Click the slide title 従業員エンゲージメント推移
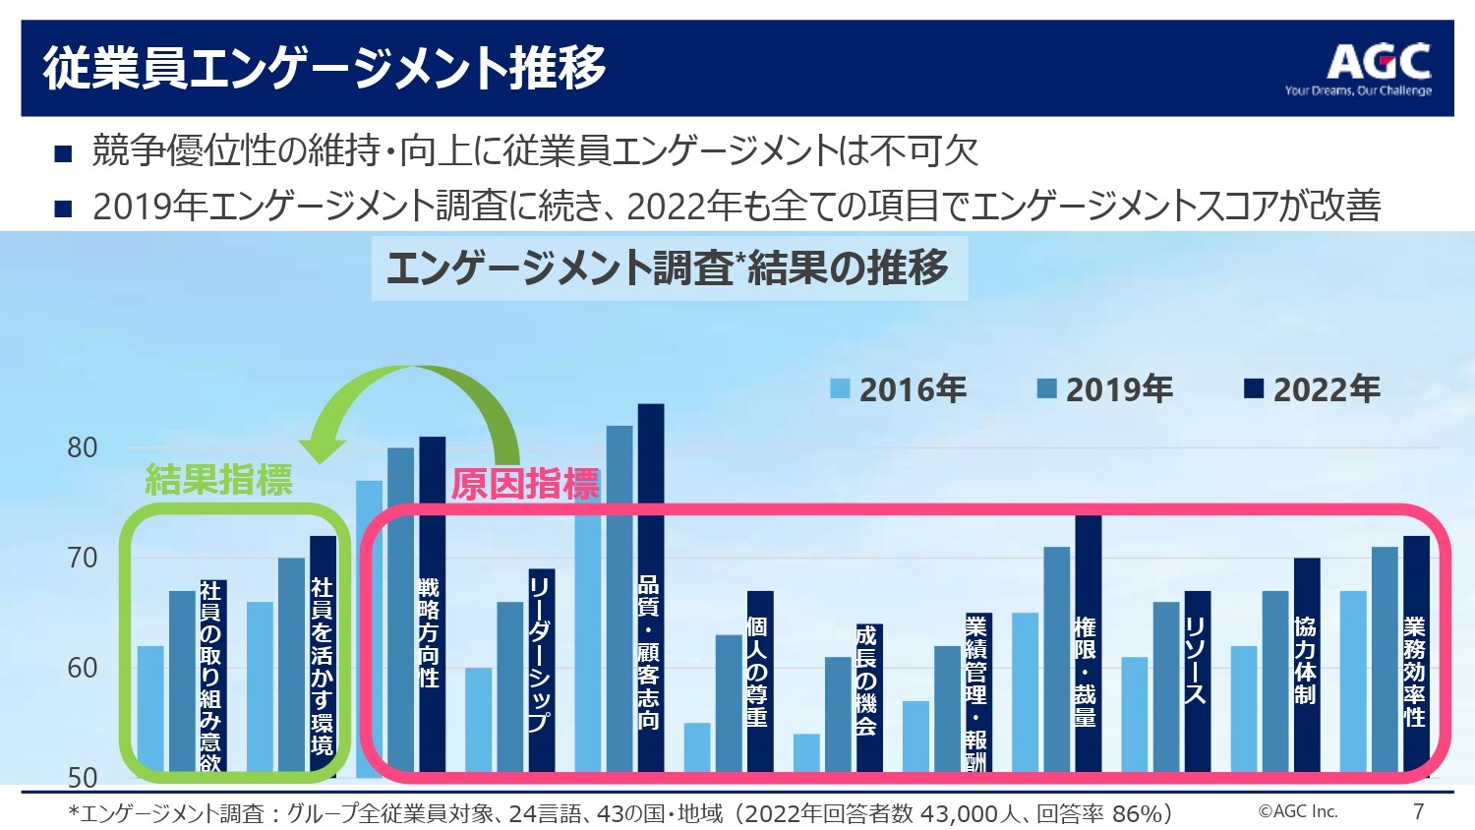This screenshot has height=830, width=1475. pos(324,68)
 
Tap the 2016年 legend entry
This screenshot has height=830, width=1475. pos(899,389)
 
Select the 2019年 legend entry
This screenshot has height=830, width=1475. pos(1105,389)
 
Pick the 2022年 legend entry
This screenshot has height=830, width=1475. pos(1313,389)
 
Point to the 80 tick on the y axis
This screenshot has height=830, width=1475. pos(83,447)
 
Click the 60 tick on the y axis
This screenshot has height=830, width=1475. pos(83,668)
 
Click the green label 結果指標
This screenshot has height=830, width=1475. pos(218,480)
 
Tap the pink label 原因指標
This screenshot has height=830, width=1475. pos(525,484)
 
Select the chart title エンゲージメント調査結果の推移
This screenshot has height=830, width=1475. pos(669,267)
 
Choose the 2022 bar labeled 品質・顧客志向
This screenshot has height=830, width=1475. pos(650,590)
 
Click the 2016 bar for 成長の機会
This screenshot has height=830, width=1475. pos(806,754)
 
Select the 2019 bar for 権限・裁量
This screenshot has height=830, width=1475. pos(1056,659)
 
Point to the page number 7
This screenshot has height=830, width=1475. pos(1418,811)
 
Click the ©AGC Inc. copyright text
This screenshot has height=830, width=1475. pos(1298,811)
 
